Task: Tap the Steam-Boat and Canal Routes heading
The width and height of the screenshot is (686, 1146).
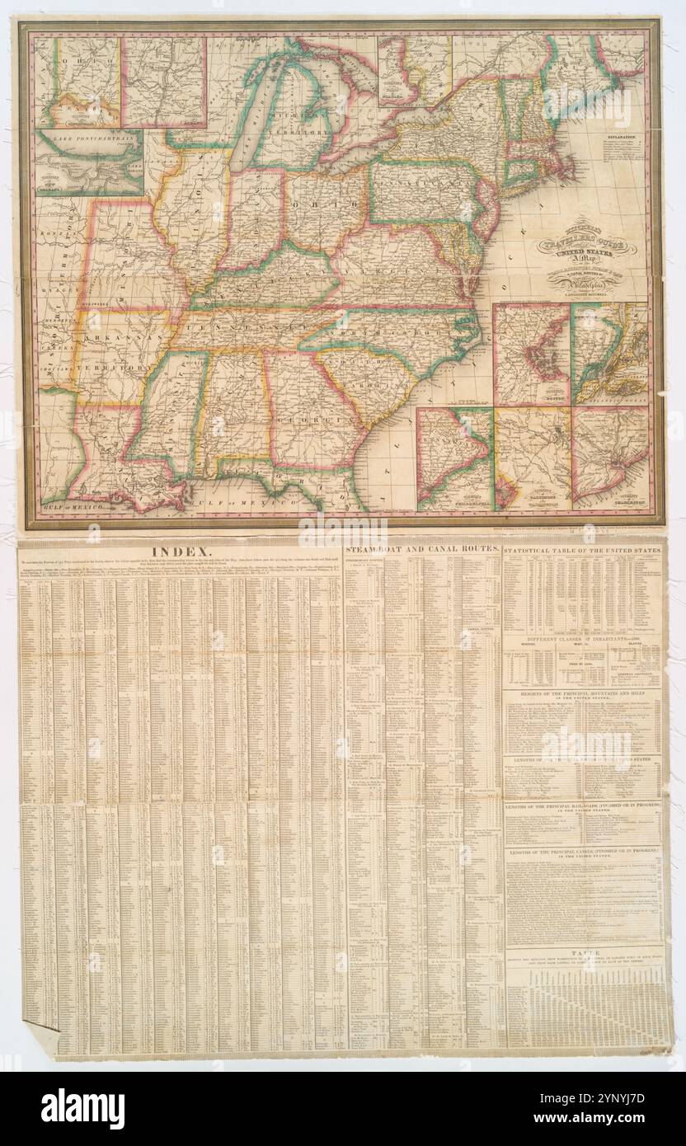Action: click(x=421, y=547)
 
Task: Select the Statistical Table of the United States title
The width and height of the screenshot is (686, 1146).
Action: click(x=582, y=549)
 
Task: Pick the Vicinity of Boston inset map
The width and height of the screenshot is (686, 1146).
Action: click(x=531, y=355)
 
